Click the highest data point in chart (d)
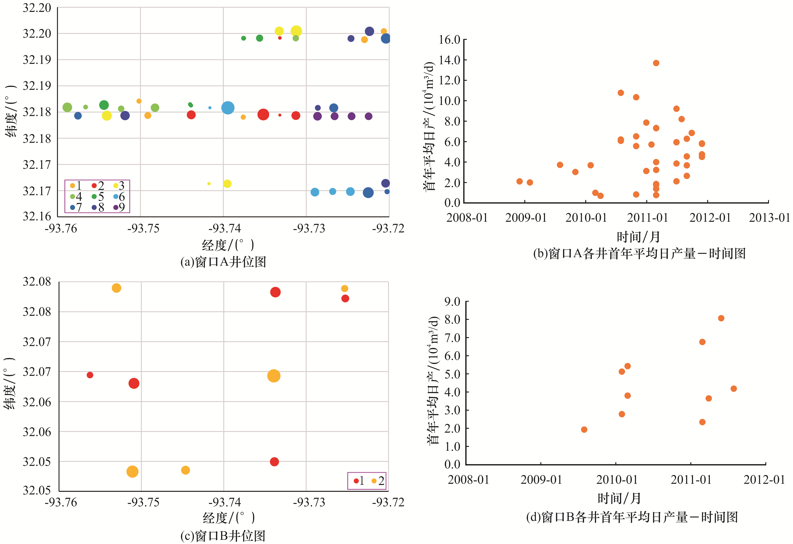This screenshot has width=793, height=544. pos(721,318)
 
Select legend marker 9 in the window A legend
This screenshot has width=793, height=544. pos(116,207)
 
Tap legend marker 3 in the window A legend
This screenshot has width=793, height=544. pos(116,186)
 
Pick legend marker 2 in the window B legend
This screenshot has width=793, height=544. pos(374,481)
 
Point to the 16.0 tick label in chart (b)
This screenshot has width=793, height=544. pos(449,40)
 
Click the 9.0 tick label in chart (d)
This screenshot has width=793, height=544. pos(452,302)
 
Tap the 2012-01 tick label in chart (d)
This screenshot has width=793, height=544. pos(764,480)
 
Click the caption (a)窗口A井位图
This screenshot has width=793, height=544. pos(223,262)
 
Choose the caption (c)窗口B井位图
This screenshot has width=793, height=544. pos(223,536)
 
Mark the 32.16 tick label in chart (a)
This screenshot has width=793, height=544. pos(37,216)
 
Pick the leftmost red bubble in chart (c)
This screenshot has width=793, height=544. pos(90,375)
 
